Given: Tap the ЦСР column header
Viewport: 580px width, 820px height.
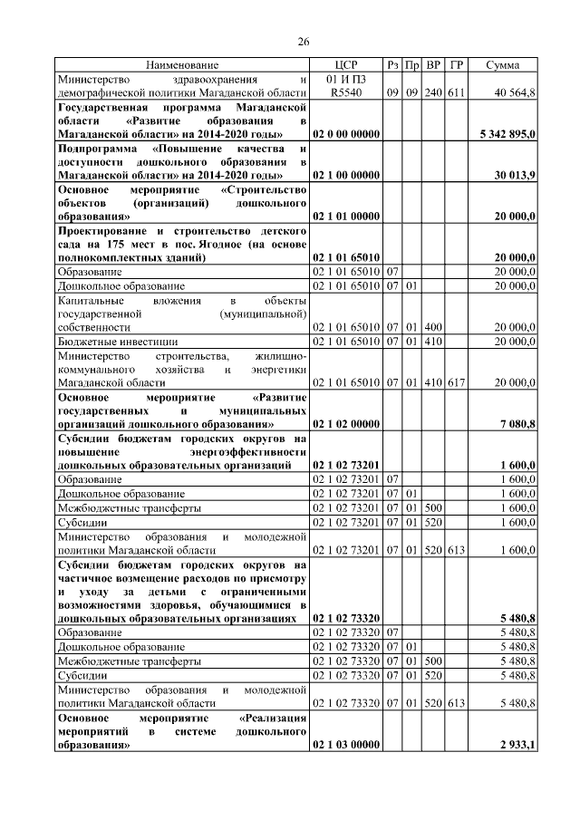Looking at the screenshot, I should [x=346, y=65].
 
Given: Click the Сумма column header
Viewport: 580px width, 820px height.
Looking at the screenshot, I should [x=502, y=65].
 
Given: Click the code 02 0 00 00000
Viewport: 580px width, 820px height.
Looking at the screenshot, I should [x=346, y=134].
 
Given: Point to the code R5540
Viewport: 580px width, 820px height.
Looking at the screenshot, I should [x=345, y=92].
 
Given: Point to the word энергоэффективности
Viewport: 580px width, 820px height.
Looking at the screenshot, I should [x=250, y=451].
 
